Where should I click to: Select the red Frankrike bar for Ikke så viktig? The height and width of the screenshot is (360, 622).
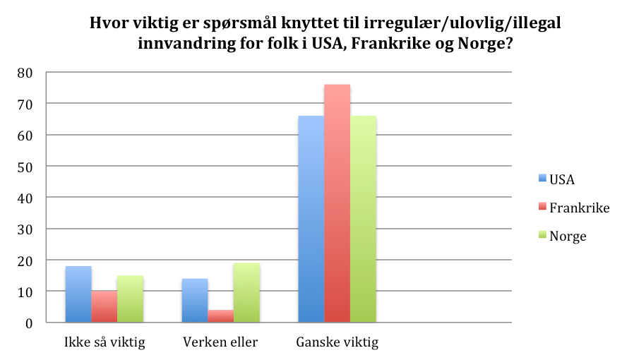point(104,306)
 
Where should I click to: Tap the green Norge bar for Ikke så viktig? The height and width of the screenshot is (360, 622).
point(131,299)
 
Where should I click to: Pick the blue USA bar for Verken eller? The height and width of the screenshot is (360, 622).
point(195,300)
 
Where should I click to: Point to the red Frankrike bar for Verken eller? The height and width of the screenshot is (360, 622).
point(221,316)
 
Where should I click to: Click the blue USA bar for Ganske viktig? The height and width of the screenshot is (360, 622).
point(311,219)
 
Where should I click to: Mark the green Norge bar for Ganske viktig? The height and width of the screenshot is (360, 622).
point(364,219)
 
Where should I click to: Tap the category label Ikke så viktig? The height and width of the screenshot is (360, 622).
point(104,344)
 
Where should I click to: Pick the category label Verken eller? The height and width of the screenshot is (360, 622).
point(221,344)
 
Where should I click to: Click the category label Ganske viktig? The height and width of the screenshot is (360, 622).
point(337,344)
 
